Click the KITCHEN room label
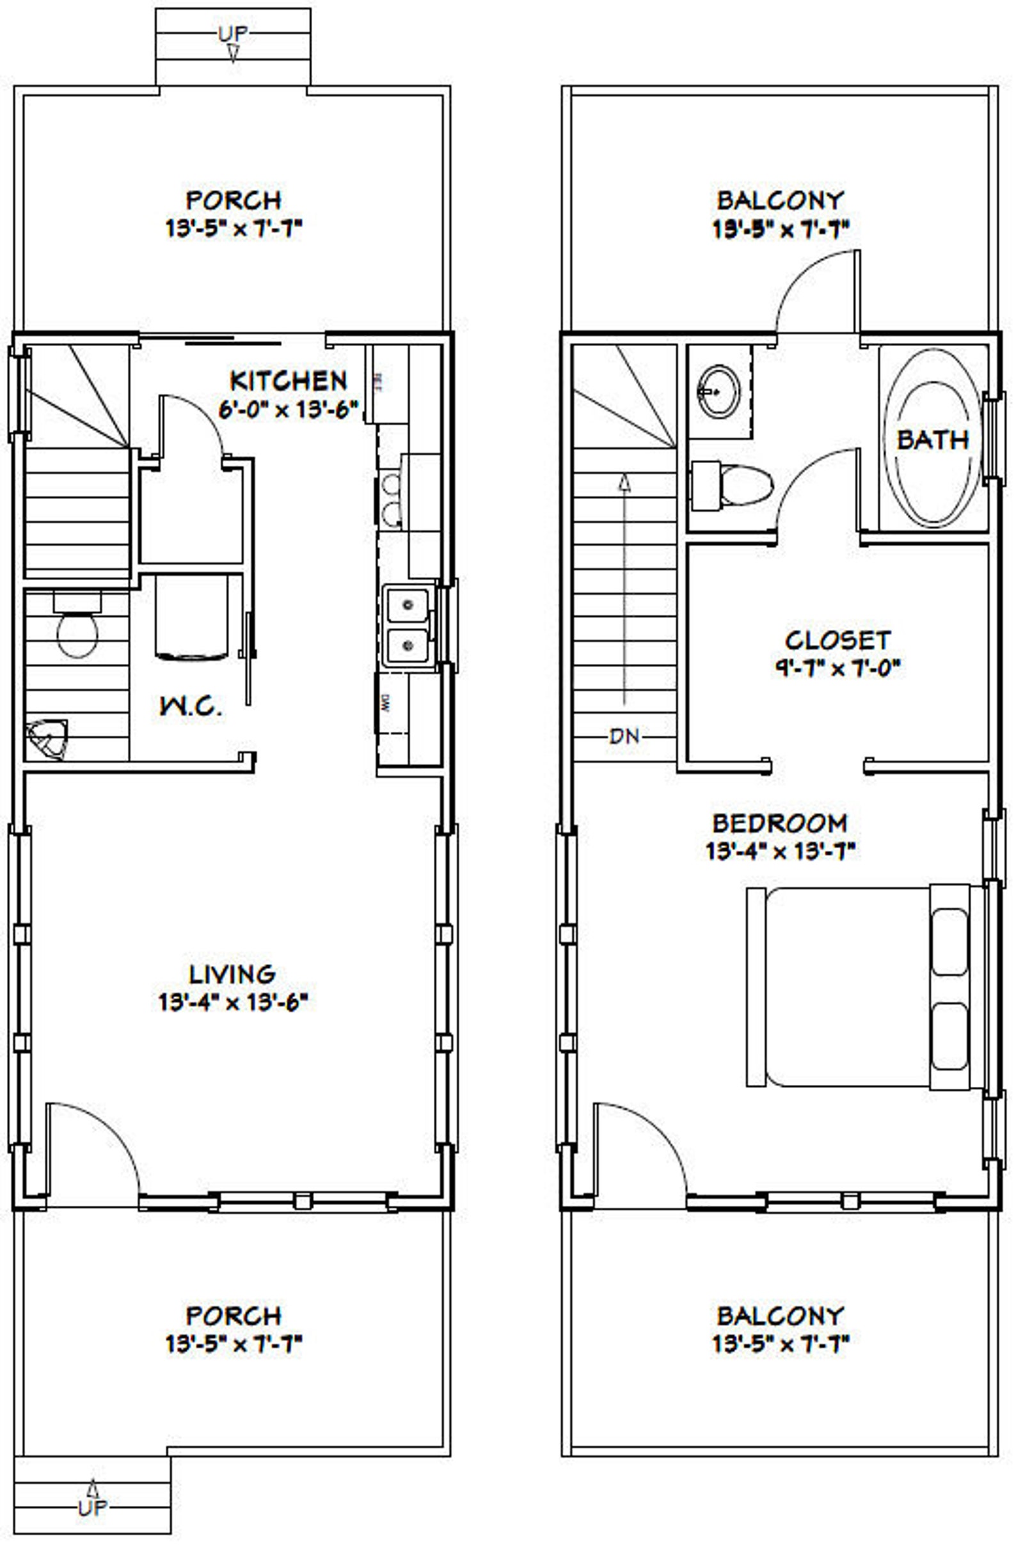click(x=288, y=381)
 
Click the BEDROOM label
click(x=779, y=823)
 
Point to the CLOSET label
click(x=837, y=640)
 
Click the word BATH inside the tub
click(x=932, y=440)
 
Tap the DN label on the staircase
click(x=624, y=736)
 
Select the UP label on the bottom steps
click(x=92, y=1507)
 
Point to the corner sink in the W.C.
click(x=47, y=739)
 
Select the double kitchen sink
click(x=408, y=625)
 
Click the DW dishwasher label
click(x=385, y=702)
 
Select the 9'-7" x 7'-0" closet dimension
click(x=837, y=668)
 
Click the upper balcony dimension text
click(x=781, y=229)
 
